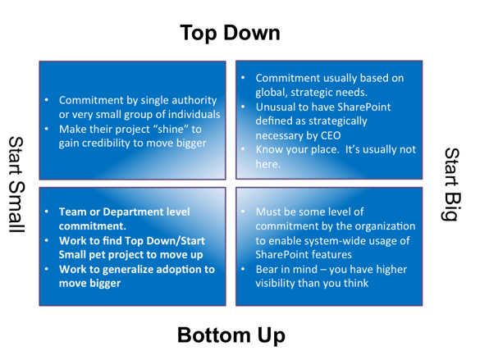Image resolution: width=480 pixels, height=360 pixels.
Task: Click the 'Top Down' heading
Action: point(230,33)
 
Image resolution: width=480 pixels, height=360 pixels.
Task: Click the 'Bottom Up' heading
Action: point(231,335)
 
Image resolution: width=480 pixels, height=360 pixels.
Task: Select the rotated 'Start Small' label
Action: point(16,185)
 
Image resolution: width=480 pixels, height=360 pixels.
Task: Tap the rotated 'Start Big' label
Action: point(452,185)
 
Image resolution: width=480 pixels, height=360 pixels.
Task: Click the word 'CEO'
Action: point(331,135)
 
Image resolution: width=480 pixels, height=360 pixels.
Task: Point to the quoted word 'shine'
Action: point(173,129)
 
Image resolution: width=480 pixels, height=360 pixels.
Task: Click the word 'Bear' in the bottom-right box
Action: point(267,270)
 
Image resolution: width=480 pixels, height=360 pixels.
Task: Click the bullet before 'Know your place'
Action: point(243,149)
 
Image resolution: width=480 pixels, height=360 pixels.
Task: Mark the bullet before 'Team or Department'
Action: point(47,212)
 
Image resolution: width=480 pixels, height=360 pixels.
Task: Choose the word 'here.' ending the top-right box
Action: point(267,164)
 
